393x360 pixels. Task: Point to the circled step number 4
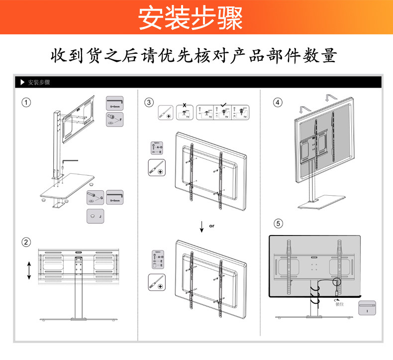(278, 103)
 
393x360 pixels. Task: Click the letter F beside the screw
(120, 120)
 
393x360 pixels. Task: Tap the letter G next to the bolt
(101, 198)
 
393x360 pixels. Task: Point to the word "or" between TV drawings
(211, 226)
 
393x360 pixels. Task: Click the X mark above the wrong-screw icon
(185, 105)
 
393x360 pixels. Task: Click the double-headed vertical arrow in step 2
(29, 269)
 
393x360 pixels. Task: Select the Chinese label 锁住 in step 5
(340, 304)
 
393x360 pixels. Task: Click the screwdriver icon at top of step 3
(166, 112)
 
